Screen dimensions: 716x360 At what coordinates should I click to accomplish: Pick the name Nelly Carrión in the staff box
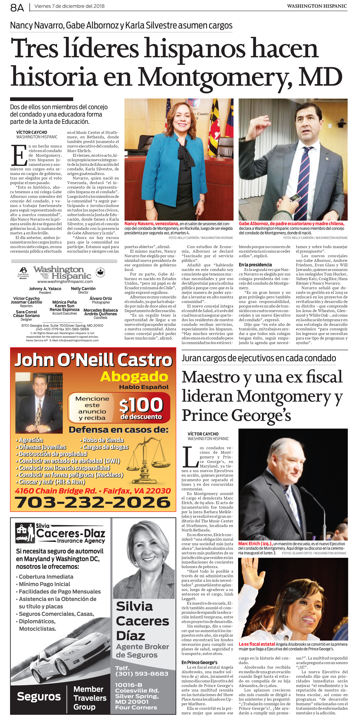tap(83, 289)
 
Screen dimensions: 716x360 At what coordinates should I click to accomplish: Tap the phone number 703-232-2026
tap(93, 502)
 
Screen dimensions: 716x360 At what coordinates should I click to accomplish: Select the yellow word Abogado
tap(134, 377)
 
